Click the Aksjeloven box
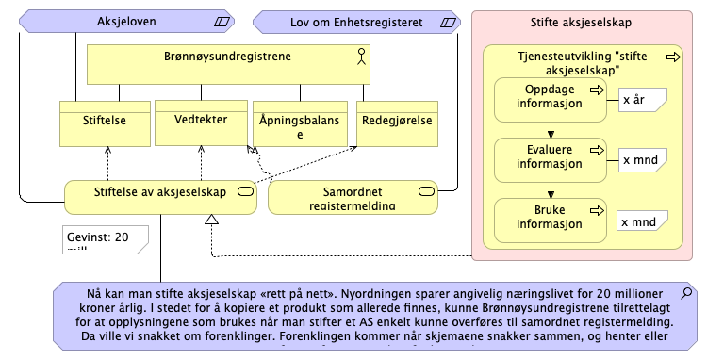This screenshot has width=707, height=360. (x=126, y=20)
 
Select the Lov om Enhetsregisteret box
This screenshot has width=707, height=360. (x=355, y=20)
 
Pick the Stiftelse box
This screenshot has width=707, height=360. (x=105, y=123)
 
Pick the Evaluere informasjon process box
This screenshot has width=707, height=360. (x=551, y=158)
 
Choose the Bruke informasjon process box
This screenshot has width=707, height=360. (x=551, y=218)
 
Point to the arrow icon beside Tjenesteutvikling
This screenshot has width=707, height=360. (x=673, y=57)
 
